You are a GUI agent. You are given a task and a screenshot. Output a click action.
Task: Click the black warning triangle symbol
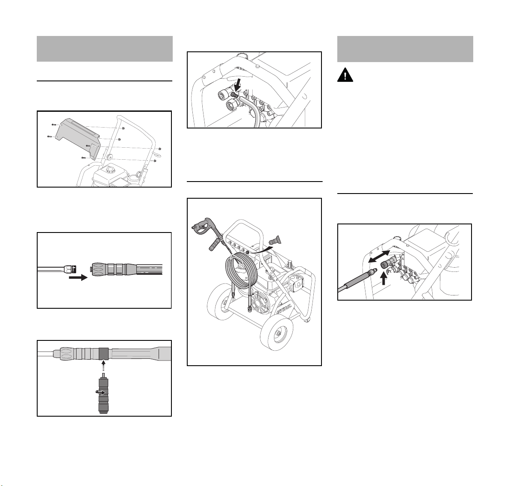click(345, 75)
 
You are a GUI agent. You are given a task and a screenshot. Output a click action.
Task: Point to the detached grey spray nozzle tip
click(276, 241)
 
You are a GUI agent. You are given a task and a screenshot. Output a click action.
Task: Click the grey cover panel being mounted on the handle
click(78, 139)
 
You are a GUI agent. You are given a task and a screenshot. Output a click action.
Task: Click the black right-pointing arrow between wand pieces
click(78, 277)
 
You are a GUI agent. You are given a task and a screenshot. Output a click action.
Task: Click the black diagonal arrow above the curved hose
click(237, 85)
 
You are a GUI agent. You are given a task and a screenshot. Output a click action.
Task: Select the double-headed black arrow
click(379, 256)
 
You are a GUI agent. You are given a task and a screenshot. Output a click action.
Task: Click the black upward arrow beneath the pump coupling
click(384, 278)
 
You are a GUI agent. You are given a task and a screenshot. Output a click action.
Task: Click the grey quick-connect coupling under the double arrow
click(388, 262)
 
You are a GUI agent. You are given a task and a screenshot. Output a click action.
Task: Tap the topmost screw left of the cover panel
click(54, 125)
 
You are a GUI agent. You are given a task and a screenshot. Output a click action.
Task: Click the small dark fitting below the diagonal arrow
click(234, 95)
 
